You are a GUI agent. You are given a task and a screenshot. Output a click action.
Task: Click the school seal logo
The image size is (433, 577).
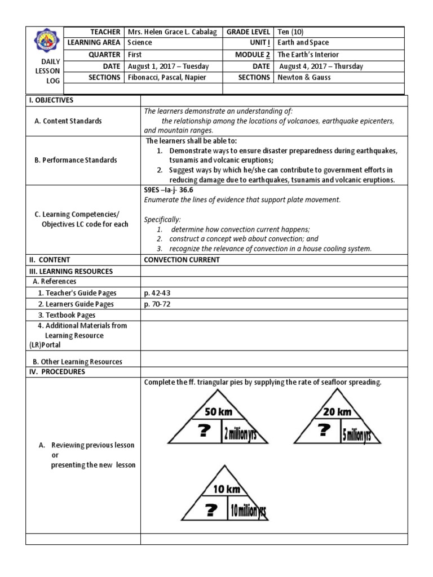coord(45,42)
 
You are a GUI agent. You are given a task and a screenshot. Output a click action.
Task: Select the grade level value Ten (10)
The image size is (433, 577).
coord(290,32)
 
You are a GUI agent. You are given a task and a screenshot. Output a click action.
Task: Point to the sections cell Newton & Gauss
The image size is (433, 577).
coord(304,77)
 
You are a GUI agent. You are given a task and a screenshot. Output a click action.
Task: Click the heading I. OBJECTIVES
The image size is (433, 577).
coord(54,100)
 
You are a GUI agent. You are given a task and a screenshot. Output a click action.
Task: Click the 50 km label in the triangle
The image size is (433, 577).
coord(218,412)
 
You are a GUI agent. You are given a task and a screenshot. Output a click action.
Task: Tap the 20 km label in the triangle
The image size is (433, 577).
coord(337,412)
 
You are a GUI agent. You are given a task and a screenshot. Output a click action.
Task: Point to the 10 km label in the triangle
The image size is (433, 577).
coord(226,489)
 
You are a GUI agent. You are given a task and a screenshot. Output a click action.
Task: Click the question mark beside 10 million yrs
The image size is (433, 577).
coord(210,511)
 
